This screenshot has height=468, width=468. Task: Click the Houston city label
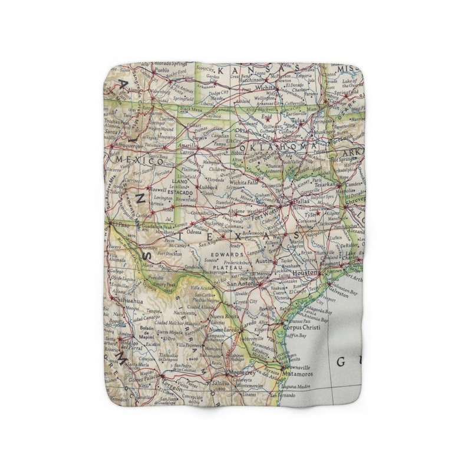(305, 273)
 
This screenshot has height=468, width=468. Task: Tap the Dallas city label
(302, 201)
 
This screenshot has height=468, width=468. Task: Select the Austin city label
(265, 261)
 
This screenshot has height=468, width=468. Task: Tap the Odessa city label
(195, 232)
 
